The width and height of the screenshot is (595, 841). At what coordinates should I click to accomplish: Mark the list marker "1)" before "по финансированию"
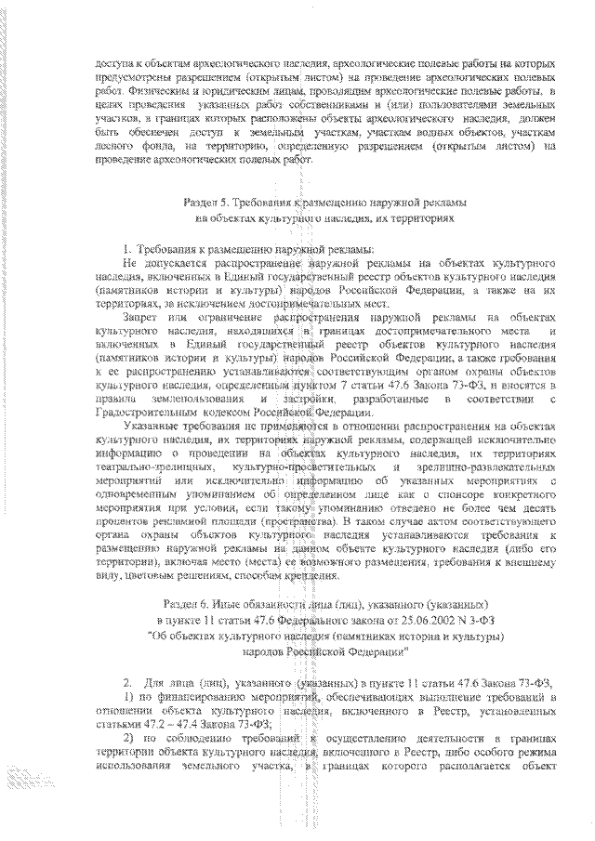tap(129, 696)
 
